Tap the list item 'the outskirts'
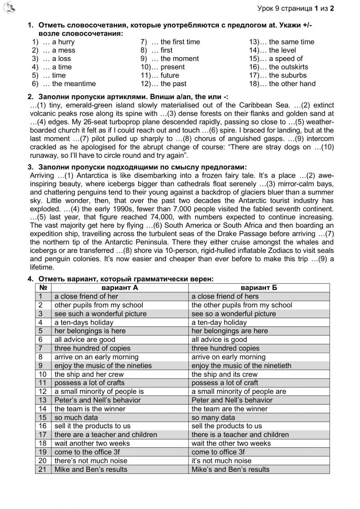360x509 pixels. click(x=288, y=67)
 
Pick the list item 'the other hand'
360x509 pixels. click(x=292, y=84)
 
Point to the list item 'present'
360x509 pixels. click(x=172, y=67)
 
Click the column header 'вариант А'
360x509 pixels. click(x=120, y=287)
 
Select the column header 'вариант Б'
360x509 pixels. click(x=258, y=287)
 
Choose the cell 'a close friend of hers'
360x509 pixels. click(x=225, y=296)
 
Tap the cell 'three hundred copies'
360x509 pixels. click(x=225, y=348)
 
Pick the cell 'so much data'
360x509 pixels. click(x=76, y=417)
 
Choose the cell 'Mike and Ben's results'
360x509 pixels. click(x=91, y=469)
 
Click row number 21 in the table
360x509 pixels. click(x=43, y=469)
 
